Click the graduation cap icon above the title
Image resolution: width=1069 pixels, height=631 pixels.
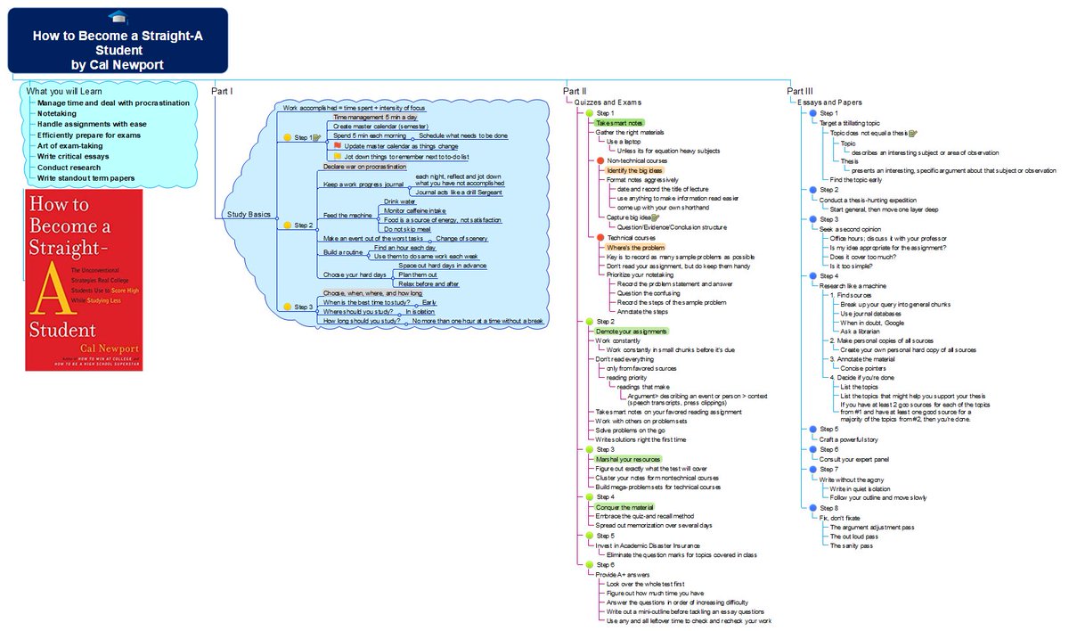(x=118, y=19)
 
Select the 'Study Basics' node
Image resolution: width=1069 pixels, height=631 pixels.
(x=249, y=215)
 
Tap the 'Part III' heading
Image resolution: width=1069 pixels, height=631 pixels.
(x=800, y=91)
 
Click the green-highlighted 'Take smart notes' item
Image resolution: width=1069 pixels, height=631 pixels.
(x=619, y=123)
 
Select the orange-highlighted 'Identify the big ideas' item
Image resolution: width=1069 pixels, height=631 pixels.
(x=634, y=169)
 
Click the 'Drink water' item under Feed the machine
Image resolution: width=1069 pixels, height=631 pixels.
(x=400, y=201)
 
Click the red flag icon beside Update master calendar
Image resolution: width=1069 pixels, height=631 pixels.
(x=338, y=145)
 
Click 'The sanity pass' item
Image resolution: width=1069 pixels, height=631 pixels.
(x=851, y=545)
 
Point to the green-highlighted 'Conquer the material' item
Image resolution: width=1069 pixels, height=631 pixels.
(x=624, y=507)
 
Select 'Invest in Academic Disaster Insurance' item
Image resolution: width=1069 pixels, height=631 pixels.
(x=648, y=545)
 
